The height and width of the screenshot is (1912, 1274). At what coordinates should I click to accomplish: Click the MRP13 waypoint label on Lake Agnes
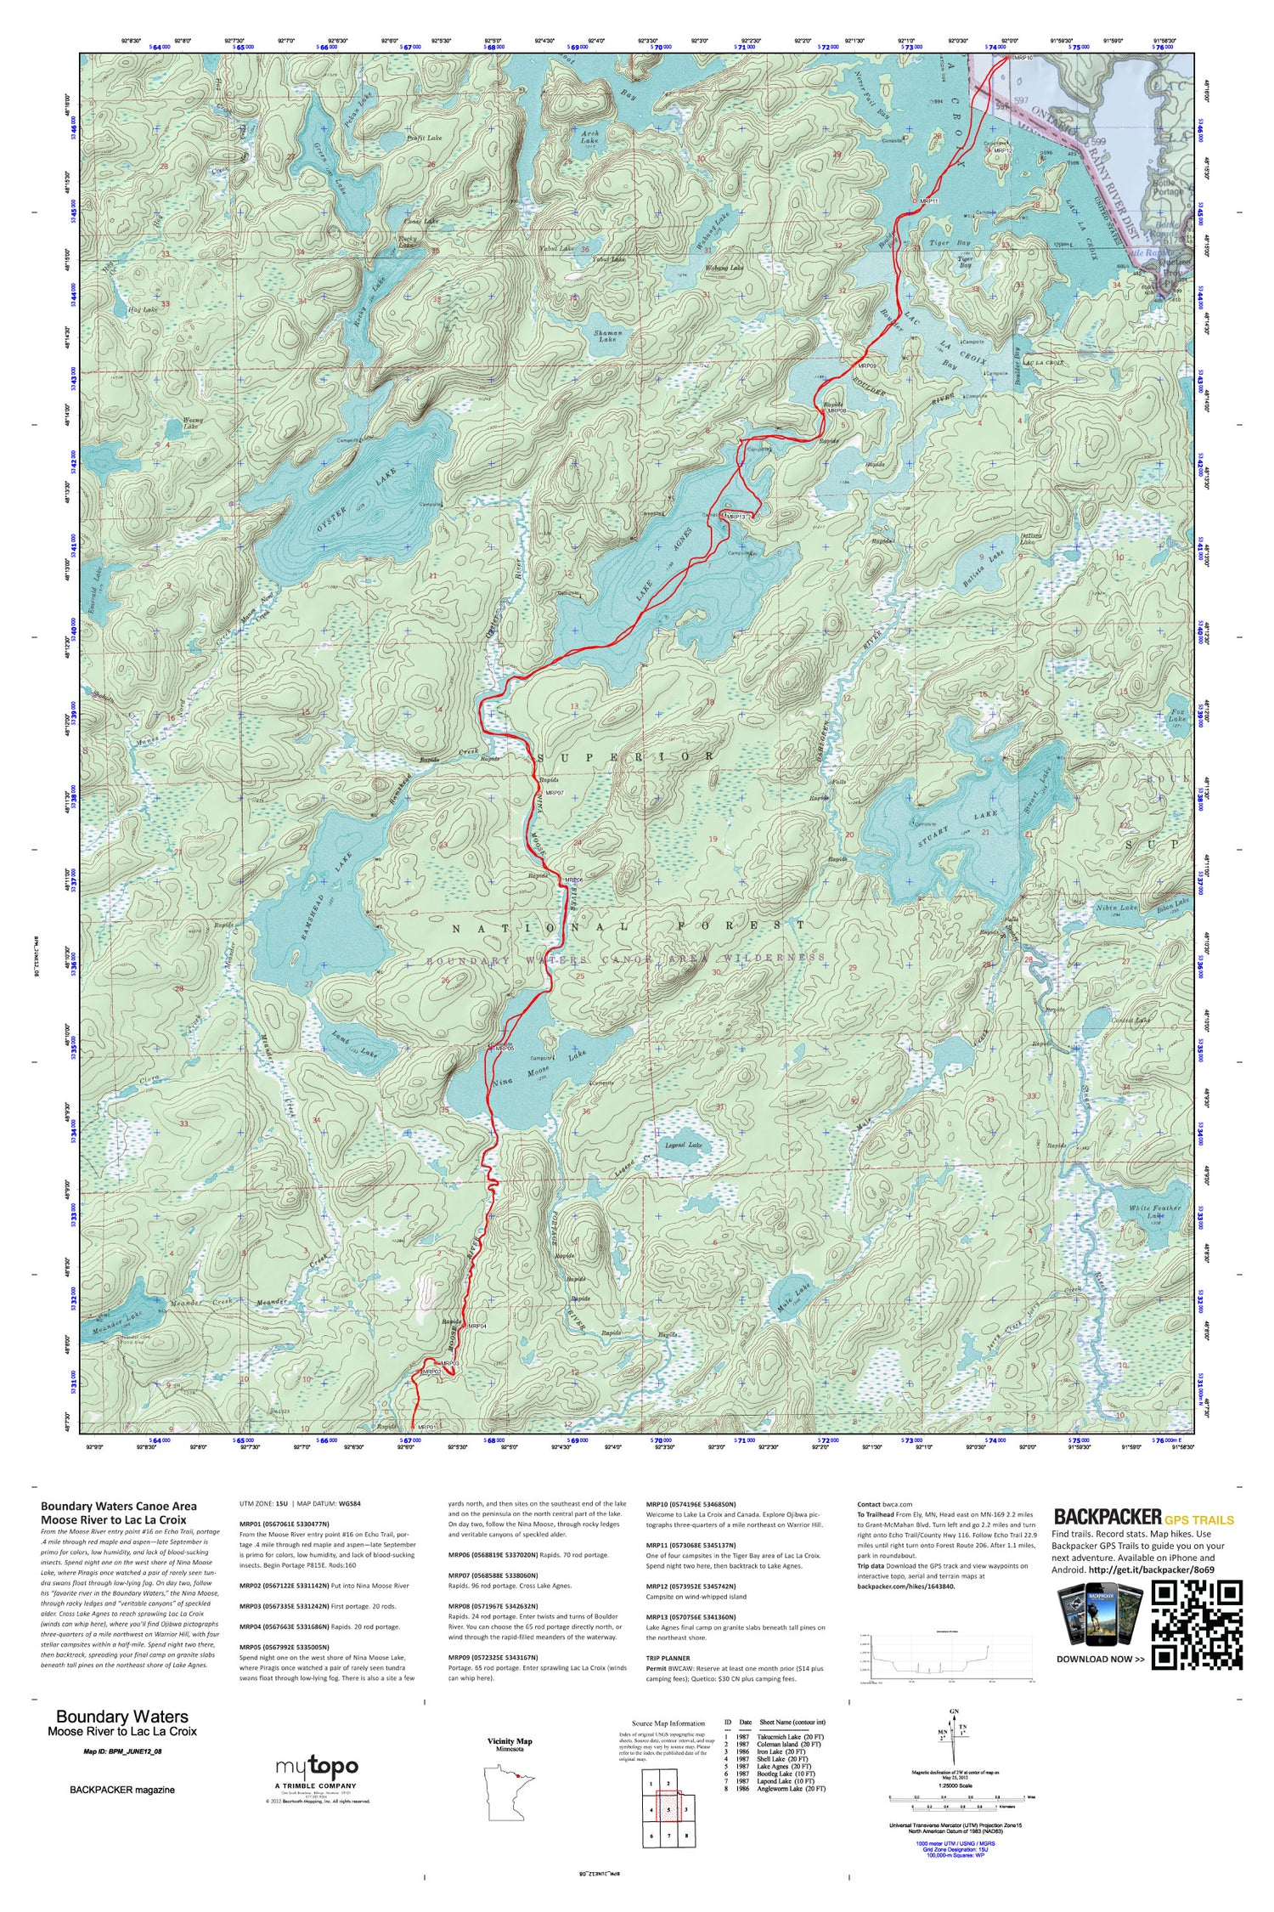(x=735, y=517)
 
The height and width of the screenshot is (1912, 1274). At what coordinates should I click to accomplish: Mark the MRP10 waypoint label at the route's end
(x=1023, y=58)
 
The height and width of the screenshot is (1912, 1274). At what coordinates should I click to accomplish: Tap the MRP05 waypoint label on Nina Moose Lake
(x=505, y=1049)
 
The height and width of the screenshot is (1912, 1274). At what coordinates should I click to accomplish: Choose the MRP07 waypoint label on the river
(x=554, y=793)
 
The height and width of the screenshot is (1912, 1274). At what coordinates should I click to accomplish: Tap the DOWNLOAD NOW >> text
(x=1100, y=1659)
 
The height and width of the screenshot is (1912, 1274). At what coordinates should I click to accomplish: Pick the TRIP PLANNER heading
(x=668, y=1658)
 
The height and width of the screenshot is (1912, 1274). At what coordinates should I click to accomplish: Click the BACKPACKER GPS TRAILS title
(x=1143, y=1517)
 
